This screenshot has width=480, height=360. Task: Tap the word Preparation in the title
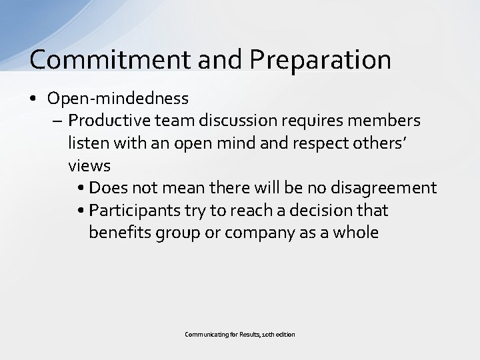321,60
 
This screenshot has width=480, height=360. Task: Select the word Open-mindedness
118,99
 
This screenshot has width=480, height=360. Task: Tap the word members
387,121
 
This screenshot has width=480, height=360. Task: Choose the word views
89,165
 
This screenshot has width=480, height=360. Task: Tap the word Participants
132,211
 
